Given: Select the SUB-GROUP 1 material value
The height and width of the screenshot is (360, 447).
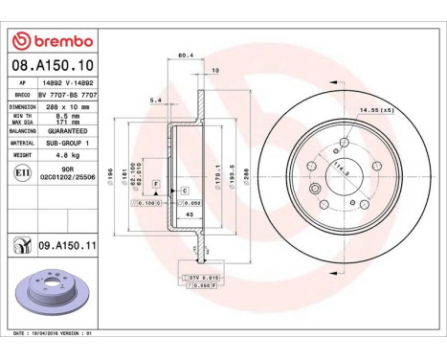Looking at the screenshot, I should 66,142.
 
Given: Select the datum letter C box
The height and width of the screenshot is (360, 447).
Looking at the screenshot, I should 184,191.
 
